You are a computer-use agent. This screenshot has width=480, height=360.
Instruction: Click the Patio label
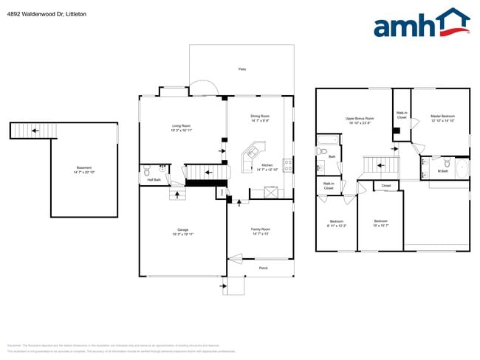pyautogui.click(x=241, y=69)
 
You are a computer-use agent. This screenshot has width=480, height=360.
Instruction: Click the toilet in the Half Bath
pyautogui.click(x=147, y=169)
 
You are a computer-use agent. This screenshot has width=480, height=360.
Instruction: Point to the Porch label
pyautogui.click(x=263, y=268)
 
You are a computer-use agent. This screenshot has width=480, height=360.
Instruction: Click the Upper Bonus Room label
pyautogui.click(x=360, y=120)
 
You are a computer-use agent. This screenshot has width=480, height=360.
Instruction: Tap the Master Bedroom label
pyautogui.click(x=442, y=118)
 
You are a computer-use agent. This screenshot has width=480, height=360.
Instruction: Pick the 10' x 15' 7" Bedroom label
pyautogui.click(x=380, y=223)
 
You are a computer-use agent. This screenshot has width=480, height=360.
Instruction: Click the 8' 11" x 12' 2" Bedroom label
pyautogui.click(x=336, y=224)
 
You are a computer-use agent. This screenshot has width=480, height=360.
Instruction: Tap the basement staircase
pyautogui.click(x=33, y=131)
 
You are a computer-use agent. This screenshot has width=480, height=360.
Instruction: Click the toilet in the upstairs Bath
pyautogui.click(x=322, y=152)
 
